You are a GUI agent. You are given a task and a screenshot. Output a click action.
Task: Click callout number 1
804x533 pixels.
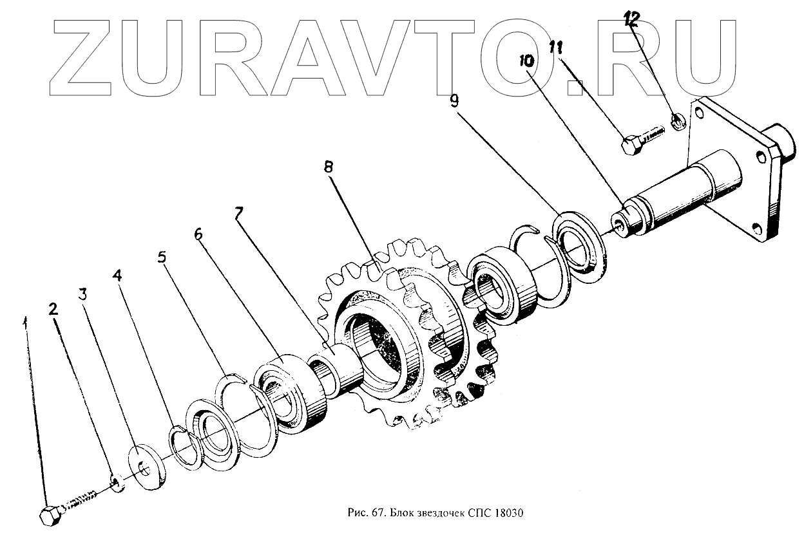[x=26, y=320]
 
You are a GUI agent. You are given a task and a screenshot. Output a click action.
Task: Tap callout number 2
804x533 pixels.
[x=54, y=310]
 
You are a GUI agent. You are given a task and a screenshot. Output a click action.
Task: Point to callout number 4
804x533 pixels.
[x=117, y=277]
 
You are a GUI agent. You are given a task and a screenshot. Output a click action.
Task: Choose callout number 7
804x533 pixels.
[x=238, y=214]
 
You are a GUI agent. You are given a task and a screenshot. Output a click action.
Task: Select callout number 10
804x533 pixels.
[x=526, y=62]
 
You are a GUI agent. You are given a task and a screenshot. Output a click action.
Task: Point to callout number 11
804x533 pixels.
[x=556, y=47]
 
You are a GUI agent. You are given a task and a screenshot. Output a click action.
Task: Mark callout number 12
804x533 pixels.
[x=631, y=20]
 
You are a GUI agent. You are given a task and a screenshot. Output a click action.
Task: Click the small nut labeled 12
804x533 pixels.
[x=678, y=120]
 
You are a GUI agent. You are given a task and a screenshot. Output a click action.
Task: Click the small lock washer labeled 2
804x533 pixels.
[x=117, y=482]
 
